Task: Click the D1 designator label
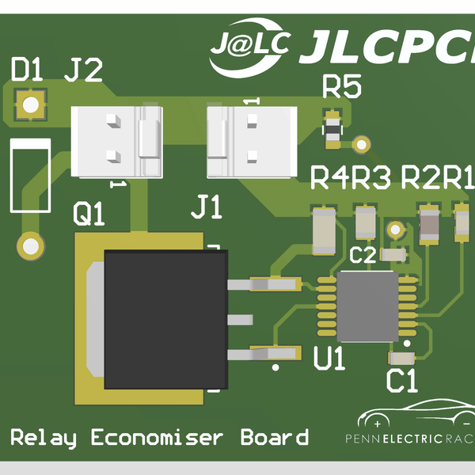click(x=26, y=72)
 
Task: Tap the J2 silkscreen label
click(x=83, y=72)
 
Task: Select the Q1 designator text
click(x=89, y=213)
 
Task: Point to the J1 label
click(x=207, y=210)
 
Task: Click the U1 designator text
click(x=329, y=360)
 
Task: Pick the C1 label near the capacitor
click(x=401, y=381)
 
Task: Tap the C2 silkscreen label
click(x=363, y=255)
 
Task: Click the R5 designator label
click(x=341, y=87)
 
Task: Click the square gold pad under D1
click(x=31, y=105)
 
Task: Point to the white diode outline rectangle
click(x=29, y=175)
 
